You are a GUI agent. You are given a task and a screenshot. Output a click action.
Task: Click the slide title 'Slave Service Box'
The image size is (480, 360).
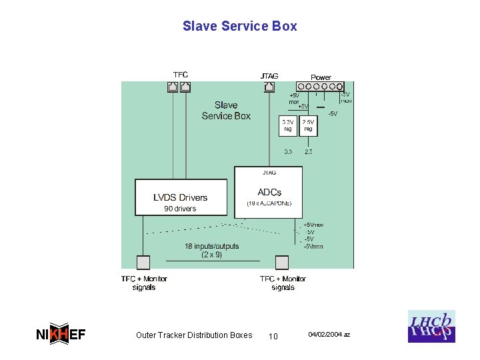pyautogui.click(x=239, y=27)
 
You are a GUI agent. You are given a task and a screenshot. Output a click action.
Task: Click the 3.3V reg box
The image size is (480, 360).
pyautogui.click(x=287, y=126)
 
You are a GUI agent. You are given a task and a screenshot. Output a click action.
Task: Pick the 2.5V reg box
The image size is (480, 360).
pyautogui.click(x=308, y=126)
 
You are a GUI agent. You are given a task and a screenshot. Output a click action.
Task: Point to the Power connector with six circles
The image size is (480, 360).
pyautogui.click(x=320, y=87)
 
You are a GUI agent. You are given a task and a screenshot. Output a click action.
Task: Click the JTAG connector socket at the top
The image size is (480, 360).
pyautogui.click(x=269, y=87)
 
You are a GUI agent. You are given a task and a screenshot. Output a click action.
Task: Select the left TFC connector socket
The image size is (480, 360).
pyautogui.click(x=173, y=87)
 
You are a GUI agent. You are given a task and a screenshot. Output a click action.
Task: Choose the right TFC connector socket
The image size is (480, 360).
pyautogui.click(x=185, y=87)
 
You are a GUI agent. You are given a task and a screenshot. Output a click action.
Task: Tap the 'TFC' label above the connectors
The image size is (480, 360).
pyautogui.click(x=181, y=75)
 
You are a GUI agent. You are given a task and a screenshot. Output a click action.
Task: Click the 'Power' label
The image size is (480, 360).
pyautogui.click(x=321, y=77)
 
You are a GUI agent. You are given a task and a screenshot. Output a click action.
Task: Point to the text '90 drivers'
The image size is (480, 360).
pyautogui.click(x=180, y=209)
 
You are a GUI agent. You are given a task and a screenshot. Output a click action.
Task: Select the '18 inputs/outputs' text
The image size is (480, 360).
pyautogui.click(x=211, y=247)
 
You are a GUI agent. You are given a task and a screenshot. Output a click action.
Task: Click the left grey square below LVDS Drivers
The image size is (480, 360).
pyautogui.click(x=143, y=262)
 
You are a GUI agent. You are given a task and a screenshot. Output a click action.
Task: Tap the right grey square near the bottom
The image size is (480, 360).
pyautogui.click(x=282, y=262)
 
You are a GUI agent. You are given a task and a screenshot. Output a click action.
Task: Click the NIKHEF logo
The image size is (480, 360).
pyautogui.click(x=61, y=335)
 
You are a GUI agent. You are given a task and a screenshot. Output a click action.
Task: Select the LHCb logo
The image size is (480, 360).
pyautogui.click(x=431, y=327)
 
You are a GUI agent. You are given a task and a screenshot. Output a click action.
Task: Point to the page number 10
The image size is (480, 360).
pyautogui.click(x=273, y=336)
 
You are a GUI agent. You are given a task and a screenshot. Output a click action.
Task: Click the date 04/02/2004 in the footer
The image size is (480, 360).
pyautogui.click(x=329, y=334)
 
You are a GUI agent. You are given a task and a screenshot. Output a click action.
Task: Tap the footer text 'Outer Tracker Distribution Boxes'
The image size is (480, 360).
pyautogui.click(x=194, y=335)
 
